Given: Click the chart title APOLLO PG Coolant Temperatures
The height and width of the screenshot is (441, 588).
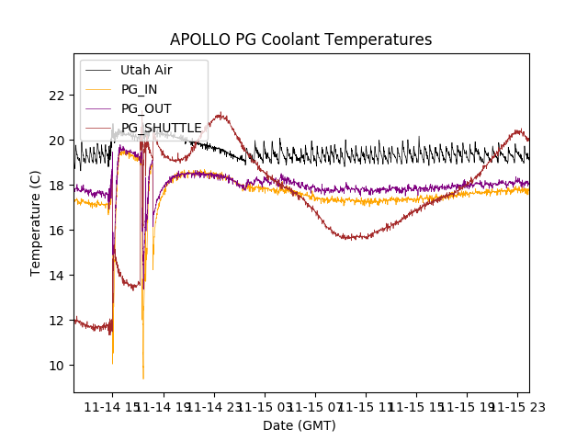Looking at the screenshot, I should point(300,40).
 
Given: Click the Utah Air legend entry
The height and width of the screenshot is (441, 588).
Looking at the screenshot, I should point(146,70).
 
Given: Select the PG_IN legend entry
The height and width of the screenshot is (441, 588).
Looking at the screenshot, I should point(140,89).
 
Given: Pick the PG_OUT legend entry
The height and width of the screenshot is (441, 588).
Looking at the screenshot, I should point(146,108).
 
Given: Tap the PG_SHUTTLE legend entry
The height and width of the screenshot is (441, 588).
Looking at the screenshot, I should point(161,128).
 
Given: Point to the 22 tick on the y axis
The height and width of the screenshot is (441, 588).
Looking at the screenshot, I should point(56,96).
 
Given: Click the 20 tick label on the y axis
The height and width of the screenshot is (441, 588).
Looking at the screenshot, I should point(56,141).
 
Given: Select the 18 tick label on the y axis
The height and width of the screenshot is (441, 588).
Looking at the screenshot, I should point(56,186).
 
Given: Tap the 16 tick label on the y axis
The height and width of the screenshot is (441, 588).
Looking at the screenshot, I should point(56,231).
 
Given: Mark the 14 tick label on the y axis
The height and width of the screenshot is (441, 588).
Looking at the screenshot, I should point(56,276).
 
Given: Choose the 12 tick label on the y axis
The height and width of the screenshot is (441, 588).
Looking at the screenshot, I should point(56,321).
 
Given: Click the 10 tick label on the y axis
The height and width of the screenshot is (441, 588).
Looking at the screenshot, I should point(56,366).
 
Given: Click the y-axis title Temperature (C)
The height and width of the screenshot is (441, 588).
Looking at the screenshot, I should point(36,222).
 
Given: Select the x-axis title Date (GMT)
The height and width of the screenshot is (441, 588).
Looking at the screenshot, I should point(300,425).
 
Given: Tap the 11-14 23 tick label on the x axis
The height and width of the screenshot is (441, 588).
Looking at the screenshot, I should point(213,405).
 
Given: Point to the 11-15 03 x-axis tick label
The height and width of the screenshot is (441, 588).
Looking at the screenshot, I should point(264,405).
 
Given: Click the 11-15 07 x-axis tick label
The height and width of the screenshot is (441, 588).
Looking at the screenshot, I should point(314,405).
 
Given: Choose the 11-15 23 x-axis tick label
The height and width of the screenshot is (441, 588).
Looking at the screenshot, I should point(516,405).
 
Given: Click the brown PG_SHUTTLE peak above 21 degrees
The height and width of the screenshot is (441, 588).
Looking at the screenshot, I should point(220,115).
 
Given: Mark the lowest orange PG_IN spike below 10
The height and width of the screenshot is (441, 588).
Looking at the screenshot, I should point(143,378).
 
